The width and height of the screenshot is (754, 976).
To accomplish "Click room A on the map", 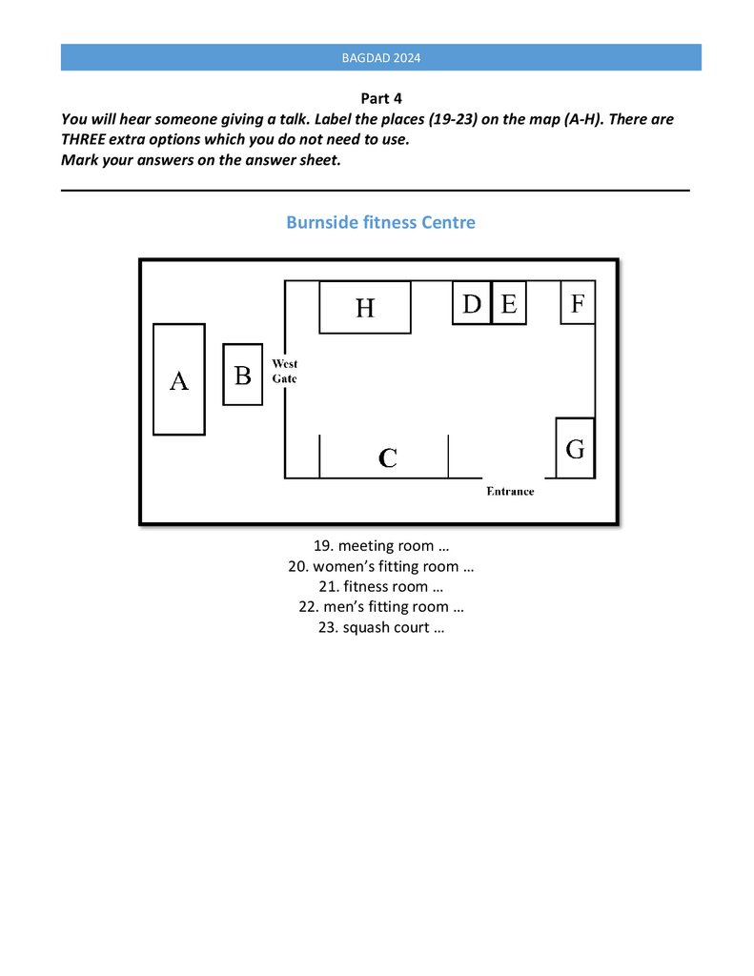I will click(x=179, y=380).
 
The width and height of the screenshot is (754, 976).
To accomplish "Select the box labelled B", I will click(x=242, y=375).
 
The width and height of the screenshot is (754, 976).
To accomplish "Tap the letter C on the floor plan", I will click(x=387, y=458).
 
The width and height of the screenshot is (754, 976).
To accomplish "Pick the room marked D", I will click(x=471, y=303).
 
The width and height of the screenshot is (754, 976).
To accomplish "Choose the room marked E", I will click(x=509, y=303).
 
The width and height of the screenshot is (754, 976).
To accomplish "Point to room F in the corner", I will click(x=577, y=303).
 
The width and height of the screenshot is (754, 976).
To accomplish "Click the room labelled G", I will click(x=575, y=448).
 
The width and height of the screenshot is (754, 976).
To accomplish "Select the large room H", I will click(x=365, y=307).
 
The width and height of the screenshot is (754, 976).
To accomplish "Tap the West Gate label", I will click(x=284, y=371).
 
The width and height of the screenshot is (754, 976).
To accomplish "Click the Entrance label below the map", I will click(x=510, y=491).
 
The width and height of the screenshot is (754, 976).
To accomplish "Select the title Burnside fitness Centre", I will click(x=380, y=222).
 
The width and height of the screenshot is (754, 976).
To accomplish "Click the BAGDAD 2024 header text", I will click(x=381, y=57).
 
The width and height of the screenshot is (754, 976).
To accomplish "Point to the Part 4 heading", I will click(x=381, y=98).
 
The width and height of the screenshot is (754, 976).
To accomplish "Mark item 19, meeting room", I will click(x=381, y=546).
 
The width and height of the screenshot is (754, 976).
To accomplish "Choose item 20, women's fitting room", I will click(x=381, y=566).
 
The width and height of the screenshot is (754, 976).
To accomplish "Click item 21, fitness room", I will click(x=381, y=586).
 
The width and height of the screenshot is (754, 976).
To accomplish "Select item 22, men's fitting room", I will click(x=381, y=606).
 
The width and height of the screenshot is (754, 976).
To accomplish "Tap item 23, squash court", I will click(x=381, y=627).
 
